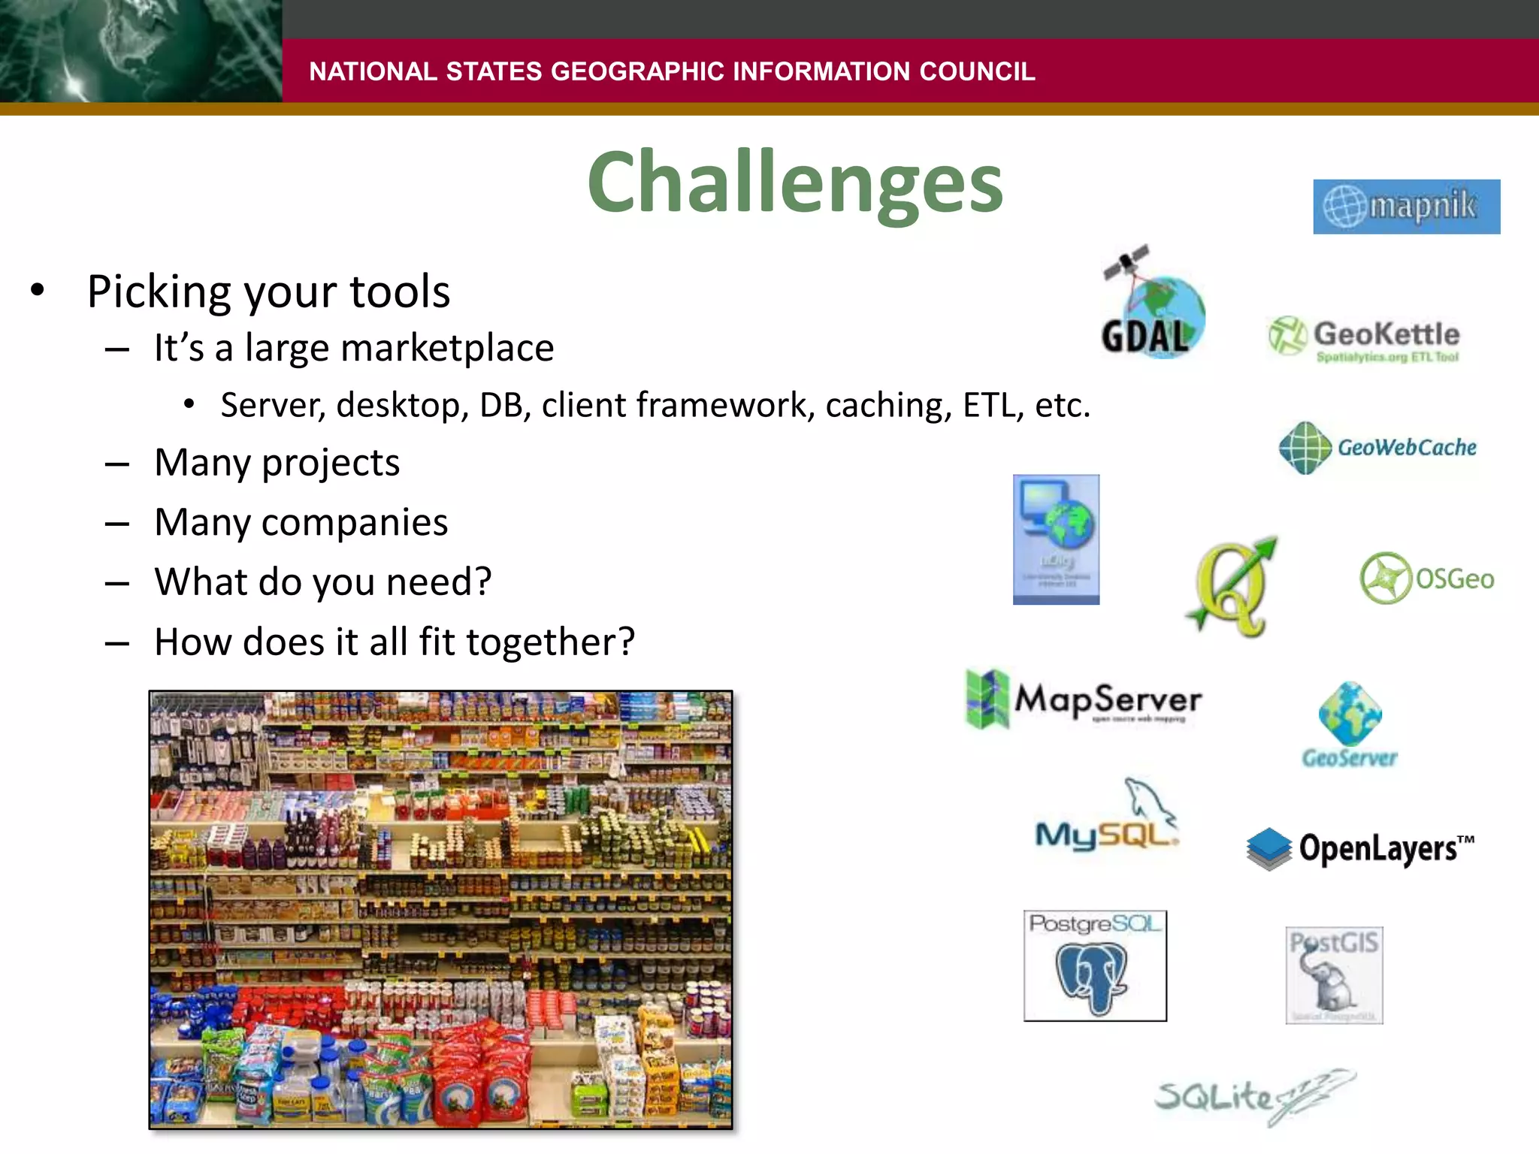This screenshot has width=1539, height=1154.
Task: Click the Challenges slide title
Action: [x=795, y=183]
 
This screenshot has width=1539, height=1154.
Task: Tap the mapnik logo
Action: [x=1406, y=207]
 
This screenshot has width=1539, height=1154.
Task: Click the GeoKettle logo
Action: [x=1364, y=339]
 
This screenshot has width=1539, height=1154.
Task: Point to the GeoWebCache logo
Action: [x=1377, y=448]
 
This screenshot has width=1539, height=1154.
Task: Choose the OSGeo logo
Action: [x=1426, y=578]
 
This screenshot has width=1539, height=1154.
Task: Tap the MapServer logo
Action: [x=1084, y=699]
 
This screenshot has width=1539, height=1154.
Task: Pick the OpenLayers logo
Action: [x=1359, y=849]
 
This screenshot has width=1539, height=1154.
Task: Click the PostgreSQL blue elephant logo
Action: [x=1094, y=966]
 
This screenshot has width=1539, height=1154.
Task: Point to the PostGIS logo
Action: [x=1334, y=974]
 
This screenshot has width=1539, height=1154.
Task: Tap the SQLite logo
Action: [x=1253, y=1096]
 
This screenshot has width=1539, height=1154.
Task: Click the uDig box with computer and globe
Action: [x=1056, y=539]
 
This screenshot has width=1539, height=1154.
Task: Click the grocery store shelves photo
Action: [x=440, y=910]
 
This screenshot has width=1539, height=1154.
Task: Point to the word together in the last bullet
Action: [x=550, y=643]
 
